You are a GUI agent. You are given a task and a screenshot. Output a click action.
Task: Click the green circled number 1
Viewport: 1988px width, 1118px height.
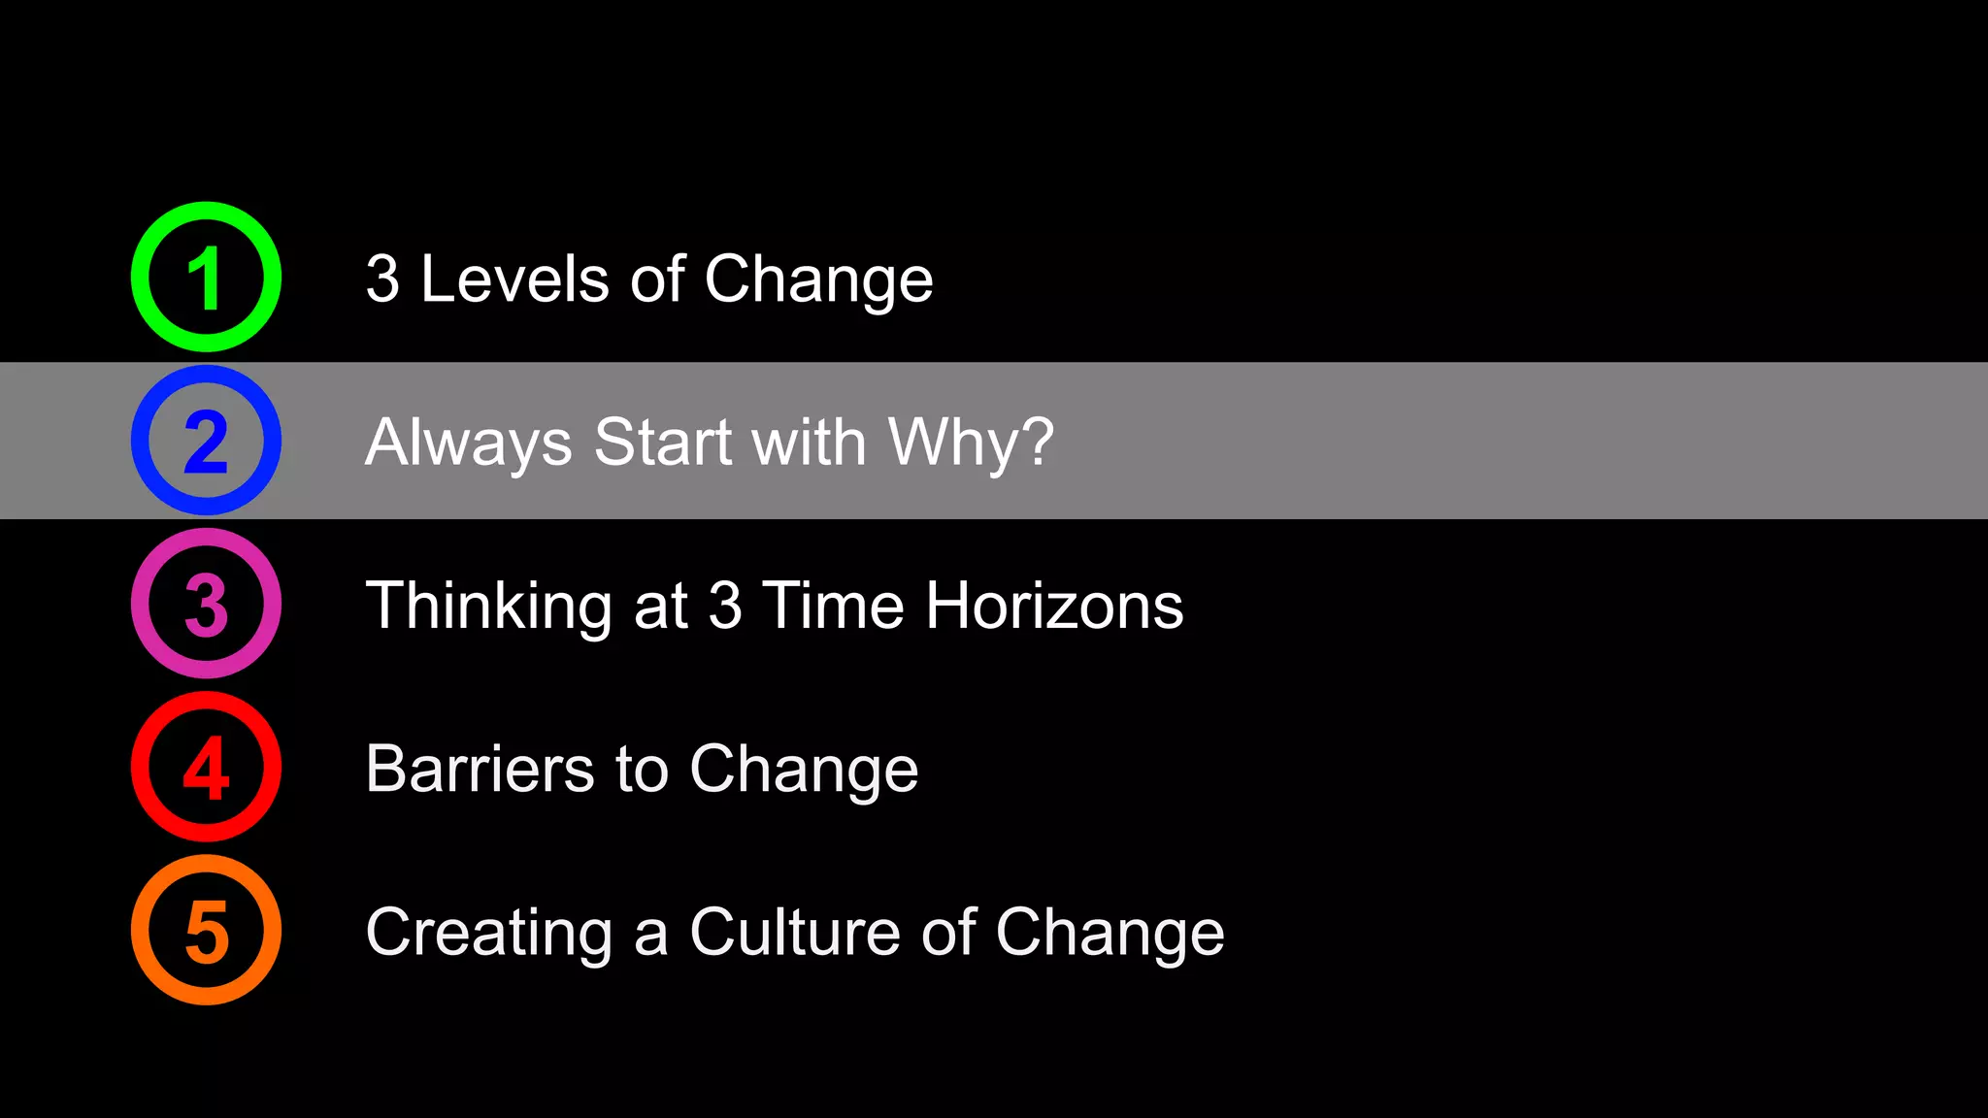click(x=206, y=278)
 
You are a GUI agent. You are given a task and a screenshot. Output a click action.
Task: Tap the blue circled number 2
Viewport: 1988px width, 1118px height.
click(x=206, y=441)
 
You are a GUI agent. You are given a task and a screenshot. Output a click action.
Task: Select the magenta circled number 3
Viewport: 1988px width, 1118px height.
click(x=206, y=604)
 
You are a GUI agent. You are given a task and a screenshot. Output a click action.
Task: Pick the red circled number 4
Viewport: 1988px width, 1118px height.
click(x=206, y=767)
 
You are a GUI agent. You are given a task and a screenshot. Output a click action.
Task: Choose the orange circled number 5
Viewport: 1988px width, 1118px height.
click(x=206, y=930)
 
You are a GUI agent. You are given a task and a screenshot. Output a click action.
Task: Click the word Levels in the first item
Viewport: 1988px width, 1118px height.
click(x=514, y=279)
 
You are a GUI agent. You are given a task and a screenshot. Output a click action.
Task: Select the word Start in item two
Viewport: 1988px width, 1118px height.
click(x=662, y=443)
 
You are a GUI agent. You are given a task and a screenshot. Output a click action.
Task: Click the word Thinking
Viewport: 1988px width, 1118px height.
click(x=488, y=606)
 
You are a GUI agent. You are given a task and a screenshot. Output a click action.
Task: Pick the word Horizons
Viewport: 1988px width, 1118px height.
click(x=1054, y=606)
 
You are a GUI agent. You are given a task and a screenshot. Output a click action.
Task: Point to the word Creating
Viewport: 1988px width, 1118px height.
click(x=488, y=932)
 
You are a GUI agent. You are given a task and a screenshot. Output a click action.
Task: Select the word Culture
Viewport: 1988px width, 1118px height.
click(x=794, y=932)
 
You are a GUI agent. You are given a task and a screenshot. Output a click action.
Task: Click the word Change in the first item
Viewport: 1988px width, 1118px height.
click(x=818, y=279)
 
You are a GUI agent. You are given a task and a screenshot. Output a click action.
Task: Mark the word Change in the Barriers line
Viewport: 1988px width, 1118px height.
click(x=804, y=769)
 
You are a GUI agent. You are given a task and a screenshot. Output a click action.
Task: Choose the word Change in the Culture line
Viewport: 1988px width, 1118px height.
click(x=1110, y=932)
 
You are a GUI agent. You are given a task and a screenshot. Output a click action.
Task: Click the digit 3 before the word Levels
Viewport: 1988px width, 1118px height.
click(x=382, y=279)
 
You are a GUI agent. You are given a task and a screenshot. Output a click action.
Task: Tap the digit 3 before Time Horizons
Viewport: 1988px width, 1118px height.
click(x=725, y=606)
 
